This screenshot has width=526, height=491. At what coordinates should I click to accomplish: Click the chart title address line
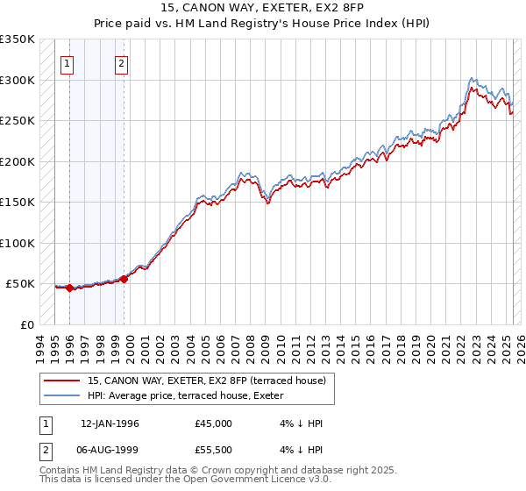[x=263, y=8]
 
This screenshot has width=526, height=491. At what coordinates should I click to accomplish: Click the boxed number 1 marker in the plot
[x=68, y=63]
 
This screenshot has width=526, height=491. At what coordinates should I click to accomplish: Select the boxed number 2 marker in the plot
[x=122, y=63]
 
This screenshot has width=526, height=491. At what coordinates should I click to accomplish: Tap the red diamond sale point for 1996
[x=69, y=288]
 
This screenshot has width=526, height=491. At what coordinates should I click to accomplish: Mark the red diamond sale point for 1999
[x=124, y=279]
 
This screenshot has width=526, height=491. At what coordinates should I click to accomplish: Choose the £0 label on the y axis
[x=26, y=324]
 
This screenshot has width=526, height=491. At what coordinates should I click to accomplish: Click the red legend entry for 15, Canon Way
[x=207, y=381]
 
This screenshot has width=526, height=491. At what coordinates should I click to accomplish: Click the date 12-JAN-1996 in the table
[x=110, y=423]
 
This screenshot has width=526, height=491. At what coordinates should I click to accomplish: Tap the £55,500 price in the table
[x=214, y=452]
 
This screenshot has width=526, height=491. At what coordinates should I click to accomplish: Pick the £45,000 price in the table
[x=214, y=423]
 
